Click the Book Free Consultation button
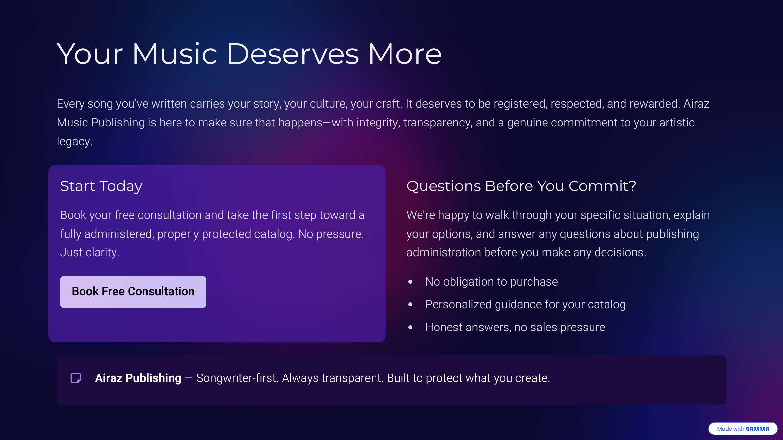(133, 292)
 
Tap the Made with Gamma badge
(743, 429)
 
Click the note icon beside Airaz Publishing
(76, 378)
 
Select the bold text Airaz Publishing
(138, 378)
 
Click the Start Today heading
(101, 186)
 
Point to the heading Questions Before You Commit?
(521, 186)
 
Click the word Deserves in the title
(292, 54)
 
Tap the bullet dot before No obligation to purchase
(410, 282)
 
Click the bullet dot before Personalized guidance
(410, 304)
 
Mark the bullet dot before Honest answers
(410, 327)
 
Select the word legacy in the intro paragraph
(74, 141)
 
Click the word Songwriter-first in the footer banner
(237, 378)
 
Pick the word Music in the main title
(175, 54)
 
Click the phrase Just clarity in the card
(89, 252)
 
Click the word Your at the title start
(90, 54)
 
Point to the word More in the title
(405, 54)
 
